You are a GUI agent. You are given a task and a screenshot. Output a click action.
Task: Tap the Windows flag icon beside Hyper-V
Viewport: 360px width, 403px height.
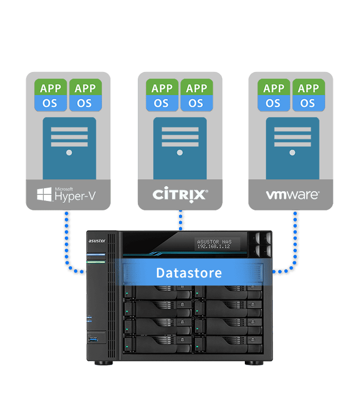pos(44,194)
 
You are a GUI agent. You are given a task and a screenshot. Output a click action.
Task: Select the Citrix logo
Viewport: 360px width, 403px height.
pos(180,194)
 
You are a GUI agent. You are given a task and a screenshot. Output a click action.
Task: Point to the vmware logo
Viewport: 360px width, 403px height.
pos(292,195)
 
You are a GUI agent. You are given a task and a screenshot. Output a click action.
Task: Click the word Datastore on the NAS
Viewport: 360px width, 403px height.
pos(189,273)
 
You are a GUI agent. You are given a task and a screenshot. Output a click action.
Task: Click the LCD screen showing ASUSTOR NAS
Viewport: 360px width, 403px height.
pos(216,245)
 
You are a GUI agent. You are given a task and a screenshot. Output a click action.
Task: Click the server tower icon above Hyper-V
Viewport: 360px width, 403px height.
pos(69,147)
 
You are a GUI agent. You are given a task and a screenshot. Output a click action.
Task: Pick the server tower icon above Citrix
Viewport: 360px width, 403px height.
pos(180,147)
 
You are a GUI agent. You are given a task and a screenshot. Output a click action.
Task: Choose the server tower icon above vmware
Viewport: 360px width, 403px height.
pos(292,147)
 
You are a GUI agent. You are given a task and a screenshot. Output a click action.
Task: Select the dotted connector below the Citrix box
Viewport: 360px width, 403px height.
pos(180,219)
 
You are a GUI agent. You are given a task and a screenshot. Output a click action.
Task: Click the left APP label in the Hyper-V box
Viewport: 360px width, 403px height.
pos(50,87)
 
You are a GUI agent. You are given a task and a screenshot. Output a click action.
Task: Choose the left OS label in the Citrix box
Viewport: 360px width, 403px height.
pos(161,103)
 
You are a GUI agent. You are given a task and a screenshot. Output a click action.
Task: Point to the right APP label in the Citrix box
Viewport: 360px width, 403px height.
pos(196,87)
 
